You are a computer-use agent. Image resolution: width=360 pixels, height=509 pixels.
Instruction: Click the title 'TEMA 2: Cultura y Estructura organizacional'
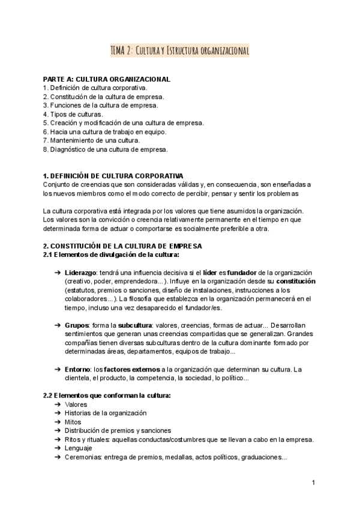[x=180, y=51]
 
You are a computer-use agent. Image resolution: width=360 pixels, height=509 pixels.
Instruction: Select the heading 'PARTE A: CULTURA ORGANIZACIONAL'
[x=107, y=79]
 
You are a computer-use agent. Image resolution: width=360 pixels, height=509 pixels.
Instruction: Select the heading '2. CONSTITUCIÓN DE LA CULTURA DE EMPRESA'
[x=122, y=246]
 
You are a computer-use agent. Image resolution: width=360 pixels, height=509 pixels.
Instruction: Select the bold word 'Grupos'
[x=76, y=325]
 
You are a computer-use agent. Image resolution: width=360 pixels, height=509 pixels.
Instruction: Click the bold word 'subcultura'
[x=136, y=325]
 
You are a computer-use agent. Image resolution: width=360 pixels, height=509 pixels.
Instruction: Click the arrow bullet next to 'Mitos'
[x=56, y=422]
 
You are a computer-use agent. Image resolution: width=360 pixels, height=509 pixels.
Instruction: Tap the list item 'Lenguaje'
[x=79, y=448]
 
